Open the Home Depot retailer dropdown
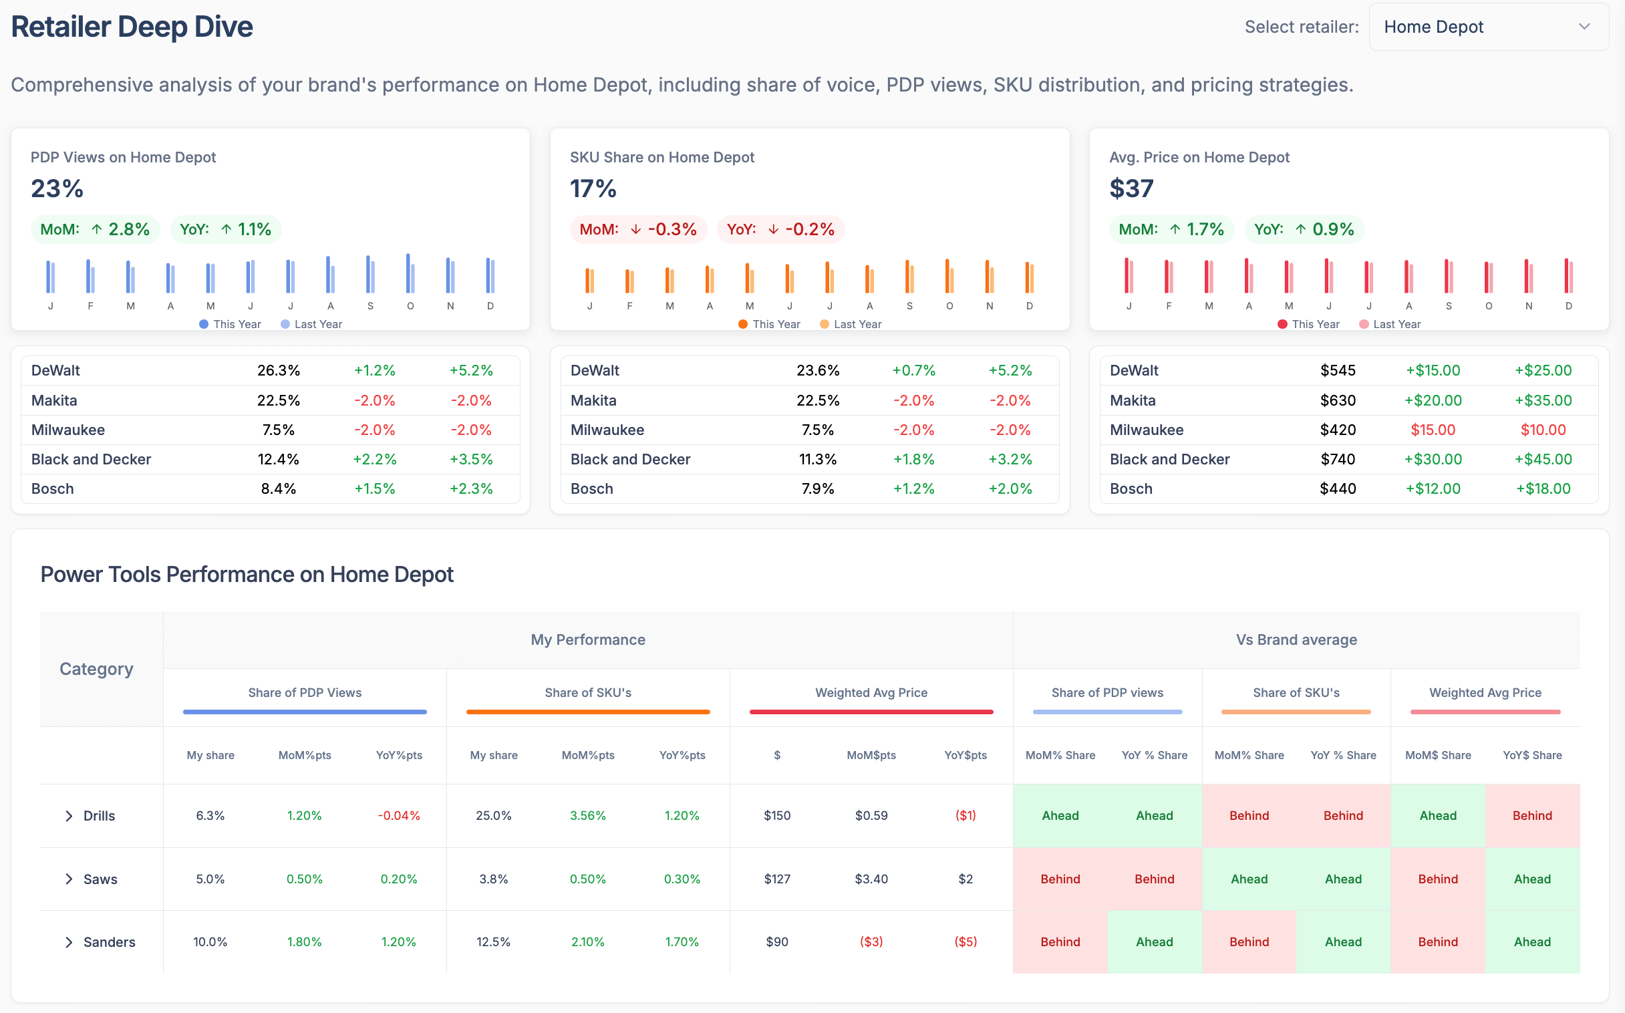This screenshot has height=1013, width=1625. click(x=1487, y=27)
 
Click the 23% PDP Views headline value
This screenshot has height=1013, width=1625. click(x=57, y=188)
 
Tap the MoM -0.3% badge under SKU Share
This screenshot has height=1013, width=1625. click(x=637, y=229)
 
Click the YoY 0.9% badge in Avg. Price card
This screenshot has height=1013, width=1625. click(x=1304, y=229)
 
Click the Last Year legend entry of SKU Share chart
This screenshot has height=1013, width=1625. click(x=851, y=324)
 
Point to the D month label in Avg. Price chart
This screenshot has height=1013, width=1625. click(x=1568, y=306)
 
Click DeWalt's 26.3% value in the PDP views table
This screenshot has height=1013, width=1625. click(x=278, y=370)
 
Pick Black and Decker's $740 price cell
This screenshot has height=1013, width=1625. click(x=1337, y=459)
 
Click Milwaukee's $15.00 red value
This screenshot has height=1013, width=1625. click(x=1432, y=430)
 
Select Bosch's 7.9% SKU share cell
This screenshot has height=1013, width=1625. click(x=817, y=488)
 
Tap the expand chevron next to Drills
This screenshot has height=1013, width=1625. click(x=68, y=815)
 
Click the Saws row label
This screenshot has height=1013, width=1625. click(x=100, y=879)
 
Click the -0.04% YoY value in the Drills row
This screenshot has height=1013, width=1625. click(x=398, y=815)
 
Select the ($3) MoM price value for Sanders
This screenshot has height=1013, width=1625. click(x=871, y=942)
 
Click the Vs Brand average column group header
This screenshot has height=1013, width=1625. click(x=1296, y=639)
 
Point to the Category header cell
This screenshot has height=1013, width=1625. click(x=96, y=669)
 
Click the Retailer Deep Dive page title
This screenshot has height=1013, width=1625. click(x=132, y=27)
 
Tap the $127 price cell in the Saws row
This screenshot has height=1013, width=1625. click(x=776, y=879)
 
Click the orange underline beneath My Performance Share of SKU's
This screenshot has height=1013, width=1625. click(x=587, y=712)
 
